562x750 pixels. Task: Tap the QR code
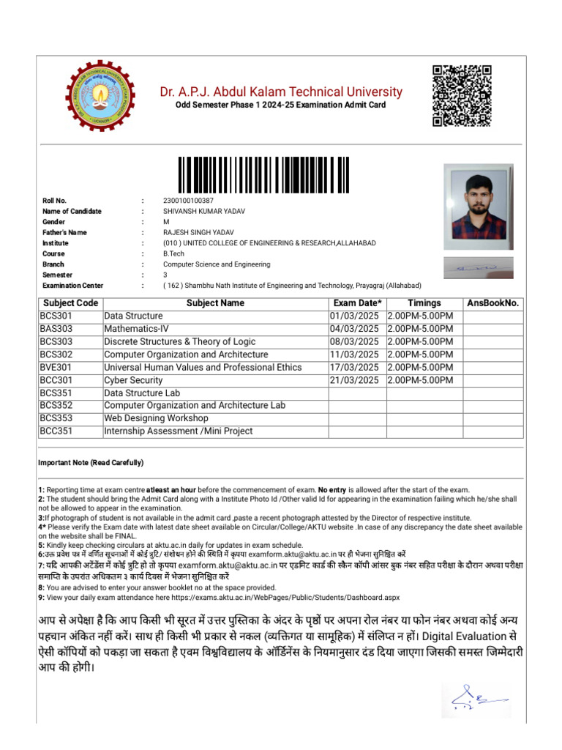coord(462,95)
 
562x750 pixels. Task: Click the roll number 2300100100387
coord(188,201)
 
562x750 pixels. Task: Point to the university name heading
coord(282,92)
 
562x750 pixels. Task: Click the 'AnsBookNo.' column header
coord(492,303)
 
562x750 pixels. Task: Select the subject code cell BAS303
coord(56,329)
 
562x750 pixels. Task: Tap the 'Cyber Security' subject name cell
coord(133,380)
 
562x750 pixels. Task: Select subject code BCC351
coord(56,431)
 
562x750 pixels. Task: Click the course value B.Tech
coord(174,253)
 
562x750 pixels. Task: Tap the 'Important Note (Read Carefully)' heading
coord(91,463)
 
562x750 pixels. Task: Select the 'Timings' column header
coord(424,303)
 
